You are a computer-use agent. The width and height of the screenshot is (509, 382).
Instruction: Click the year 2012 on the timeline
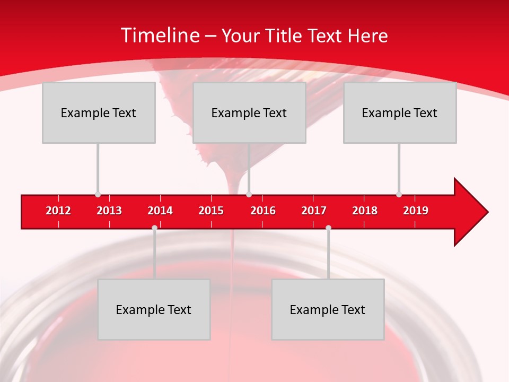coord(58,211)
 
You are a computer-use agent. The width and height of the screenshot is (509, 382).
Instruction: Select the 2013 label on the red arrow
coord(109,211)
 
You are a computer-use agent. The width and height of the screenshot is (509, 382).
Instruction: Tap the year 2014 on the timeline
coord(160,211)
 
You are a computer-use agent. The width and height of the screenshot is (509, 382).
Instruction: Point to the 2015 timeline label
coord(211,211)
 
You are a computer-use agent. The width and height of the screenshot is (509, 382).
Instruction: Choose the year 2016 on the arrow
coord(263,211)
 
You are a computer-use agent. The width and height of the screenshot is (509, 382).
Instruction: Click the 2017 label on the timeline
coord(314,211)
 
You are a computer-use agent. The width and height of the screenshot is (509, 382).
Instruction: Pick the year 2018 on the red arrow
coord(365,211)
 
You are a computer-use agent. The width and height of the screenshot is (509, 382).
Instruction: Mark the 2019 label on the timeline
coord(416,211)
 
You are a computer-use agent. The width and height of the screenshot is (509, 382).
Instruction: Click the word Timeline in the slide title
coord(160,36)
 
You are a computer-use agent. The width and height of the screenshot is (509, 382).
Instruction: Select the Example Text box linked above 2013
coord(99,112)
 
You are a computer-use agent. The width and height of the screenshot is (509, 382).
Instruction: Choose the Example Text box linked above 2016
coord(249,112)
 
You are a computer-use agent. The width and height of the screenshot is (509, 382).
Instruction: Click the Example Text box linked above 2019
coord(400,112)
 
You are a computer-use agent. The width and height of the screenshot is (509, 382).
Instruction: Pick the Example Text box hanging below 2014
coord(154,309)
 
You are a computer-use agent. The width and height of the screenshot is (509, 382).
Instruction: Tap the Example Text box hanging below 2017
coord(328,309)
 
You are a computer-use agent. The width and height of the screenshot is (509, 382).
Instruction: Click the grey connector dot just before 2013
coord(98,195)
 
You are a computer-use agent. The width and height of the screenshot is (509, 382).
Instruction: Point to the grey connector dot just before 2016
coord(249,195)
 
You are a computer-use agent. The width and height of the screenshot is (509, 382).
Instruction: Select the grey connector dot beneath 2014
coord(154,228)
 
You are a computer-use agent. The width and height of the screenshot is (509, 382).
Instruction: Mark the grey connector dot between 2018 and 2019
coord(399,195)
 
